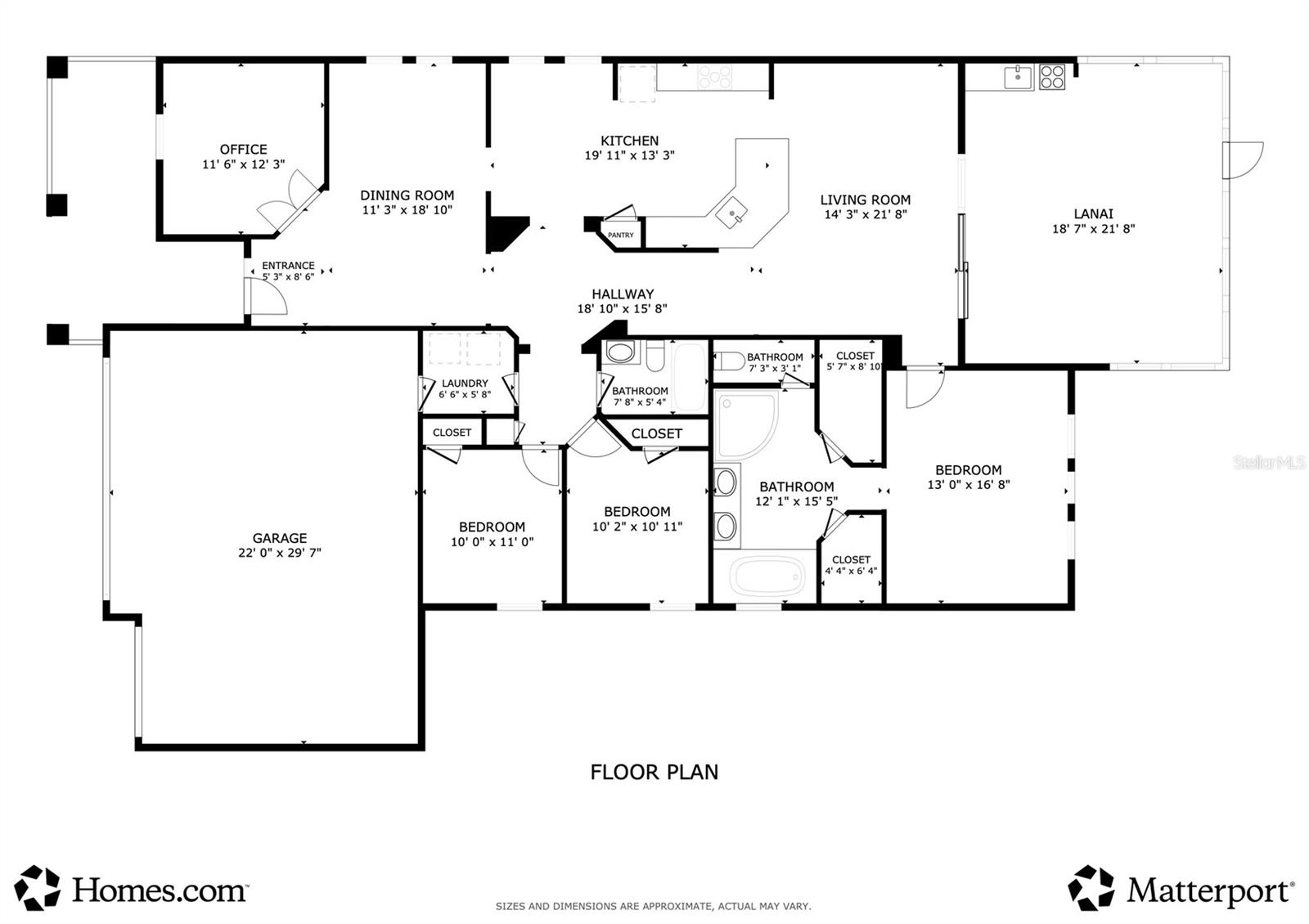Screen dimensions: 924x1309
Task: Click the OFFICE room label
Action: coord(243,150)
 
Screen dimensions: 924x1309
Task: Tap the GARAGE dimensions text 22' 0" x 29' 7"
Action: coord(279,553)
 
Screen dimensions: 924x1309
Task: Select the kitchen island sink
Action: coord(731,214)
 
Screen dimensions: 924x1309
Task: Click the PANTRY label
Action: coord(620,235)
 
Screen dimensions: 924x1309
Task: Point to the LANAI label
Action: coord(1093,214)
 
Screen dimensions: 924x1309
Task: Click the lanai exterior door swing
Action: coord(1244,159)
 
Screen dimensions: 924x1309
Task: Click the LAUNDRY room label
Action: coord(465,384)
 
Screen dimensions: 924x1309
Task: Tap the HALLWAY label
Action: coord(623,294)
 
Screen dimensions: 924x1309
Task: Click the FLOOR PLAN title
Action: coord(654,772)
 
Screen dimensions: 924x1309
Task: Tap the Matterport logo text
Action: coord(1209,890)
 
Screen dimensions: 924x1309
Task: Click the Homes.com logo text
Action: coord(160,890)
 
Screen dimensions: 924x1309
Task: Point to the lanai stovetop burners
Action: coord(1052,77)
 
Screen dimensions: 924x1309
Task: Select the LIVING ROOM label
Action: coord(865,200)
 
